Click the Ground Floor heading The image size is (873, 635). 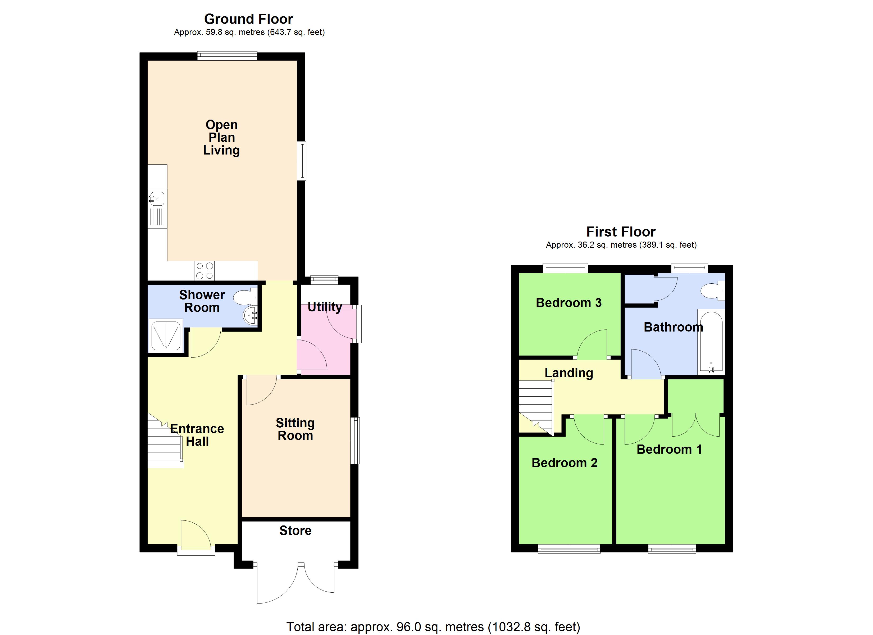[x=248, y=19]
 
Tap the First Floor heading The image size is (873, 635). [x=621, y=232]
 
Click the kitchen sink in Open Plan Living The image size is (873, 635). [x=157, y=199]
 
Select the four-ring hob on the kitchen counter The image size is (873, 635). [x=204, y=271]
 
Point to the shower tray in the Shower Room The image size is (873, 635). [x=166, y=335]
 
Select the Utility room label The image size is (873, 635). [x=325, y=307]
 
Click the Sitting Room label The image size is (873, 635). [x=295, y=429]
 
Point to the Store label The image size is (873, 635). [x=295, y=531]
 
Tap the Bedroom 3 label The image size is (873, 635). [x=568, y=303]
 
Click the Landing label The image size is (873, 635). [x=569, y=373]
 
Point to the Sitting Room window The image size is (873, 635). [x=356, y=441]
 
